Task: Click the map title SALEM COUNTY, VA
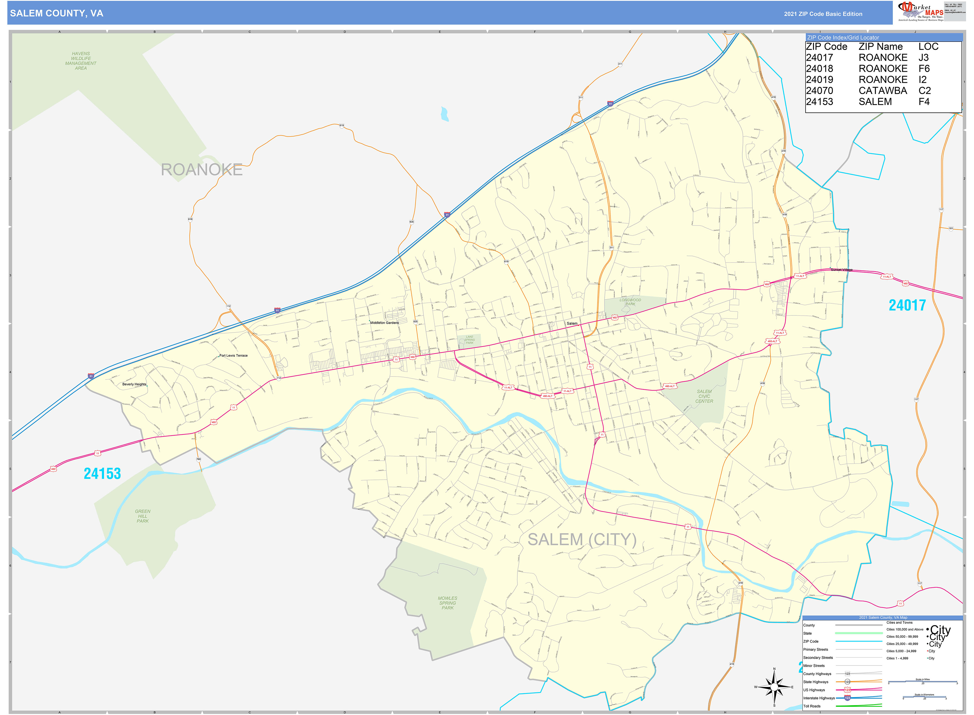[57, 13]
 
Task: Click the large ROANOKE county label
[201, 170]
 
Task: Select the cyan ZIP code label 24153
[102, 474]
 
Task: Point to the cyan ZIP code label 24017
[907, 306]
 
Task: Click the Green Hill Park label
[143, 516]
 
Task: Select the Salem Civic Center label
[704, 396]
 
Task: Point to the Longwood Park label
[630, 302]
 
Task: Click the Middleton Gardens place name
[384, 323]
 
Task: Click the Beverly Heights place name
[134, 384]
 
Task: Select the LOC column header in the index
[928, 47]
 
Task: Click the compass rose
[774, 687]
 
